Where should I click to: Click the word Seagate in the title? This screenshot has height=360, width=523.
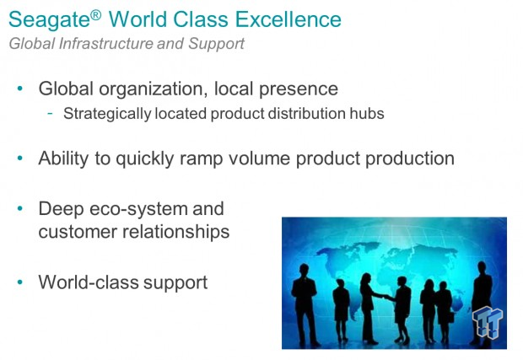coord(49,19)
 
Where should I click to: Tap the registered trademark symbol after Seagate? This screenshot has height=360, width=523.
coord(95,14)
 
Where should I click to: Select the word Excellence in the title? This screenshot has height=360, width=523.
coord(288,19)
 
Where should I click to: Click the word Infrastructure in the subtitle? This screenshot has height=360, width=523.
coord(105,44)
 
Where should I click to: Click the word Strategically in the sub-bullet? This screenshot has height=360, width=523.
coord(107,114)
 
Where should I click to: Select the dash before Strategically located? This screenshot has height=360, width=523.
coord(50,113)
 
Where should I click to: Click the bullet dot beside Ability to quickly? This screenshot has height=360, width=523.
coord(20,158)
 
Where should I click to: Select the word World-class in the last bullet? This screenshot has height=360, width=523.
coord(89,282)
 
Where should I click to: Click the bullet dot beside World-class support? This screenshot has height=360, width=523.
coord(20,282)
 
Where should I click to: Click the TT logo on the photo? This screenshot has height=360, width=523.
coord(488,322)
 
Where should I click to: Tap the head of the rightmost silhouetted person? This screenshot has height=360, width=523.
coord(482,267)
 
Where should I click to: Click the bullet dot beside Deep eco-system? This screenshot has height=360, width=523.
coord(20,209)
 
